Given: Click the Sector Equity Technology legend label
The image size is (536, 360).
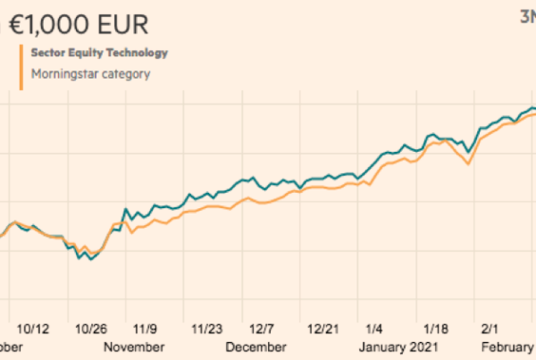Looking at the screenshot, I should coord(99,53).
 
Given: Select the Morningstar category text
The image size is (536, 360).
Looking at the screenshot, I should coord(90,74).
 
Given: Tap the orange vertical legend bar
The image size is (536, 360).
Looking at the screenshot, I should coord(20,67).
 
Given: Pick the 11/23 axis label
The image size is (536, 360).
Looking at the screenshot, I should coord(211,329).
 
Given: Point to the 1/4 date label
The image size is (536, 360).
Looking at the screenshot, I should coord(375,329).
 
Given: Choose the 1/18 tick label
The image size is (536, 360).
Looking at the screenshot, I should coord(434,329).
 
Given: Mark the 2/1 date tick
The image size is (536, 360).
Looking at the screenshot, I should coord(490,329).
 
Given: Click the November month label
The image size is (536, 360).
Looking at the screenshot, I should coord(133,347).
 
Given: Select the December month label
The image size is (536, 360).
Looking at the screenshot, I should coord(255,347).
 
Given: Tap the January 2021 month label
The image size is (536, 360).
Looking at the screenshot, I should coord(399,347).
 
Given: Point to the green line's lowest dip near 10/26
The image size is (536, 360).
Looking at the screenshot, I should coord(90,260).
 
